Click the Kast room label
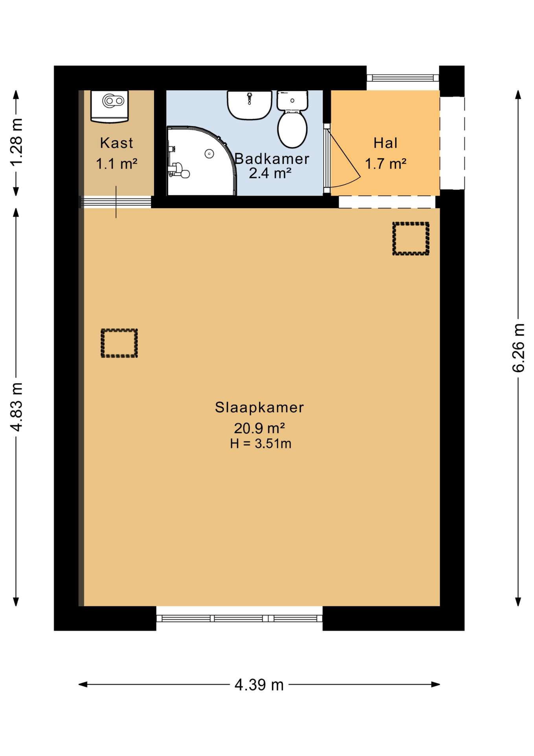coord(116,143)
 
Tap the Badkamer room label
coord(272,159)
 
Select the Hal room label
coord(385,143)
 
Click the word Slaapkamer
coord(259,407)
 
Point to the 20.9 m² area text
coord(259,428)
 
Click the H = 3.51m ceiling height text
coord(260,444)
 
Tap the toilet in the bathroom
coord(292,119)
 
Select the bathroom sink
coord(250,105)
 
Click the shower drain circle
coord(209,154)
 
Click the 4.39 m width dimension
coord(259,685)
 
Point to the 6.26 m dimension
coord(518,348)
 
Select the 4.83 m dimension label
coord(16,407)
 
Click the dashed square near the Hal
coord(411,239)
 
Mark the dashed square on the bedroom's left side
coord(119,343)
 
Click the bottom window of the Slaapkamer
coord(239,618)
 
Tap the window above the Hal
coord(403,78)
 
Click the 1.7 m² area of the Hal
coord(385,164)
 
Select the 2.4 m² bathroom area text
coord(270,173)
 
